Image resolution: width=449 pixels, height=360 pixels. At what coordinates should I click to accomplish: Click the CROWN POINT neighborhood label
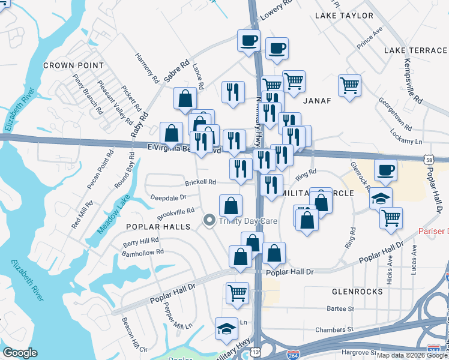(73, 65)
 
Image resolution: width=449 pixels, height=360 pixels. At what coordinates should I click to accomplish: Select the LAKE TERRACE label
(415, 50)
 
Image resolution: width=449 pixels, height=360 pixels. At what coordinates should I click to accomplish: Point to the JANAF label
(317, 100)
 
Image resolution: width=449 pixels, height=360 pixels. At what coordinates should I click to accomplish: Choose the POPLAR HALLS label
(158, 226)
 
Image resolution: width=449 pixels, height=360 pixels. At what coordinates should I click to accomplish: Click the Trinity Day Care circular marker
(209, 220)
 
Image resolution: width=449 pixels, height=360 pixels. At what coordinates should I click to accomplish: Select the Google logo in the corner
(20, 353)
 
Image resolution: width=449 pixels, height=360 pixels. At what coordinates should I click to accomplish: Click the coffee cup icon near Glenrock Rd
(385, 170)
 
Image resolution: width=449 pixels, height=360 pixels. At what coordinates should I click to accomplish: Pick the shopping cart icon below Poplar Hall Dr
(238, 293)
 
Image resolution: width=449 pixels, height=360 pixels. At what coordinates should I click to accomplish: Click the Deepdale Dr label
(168, 196)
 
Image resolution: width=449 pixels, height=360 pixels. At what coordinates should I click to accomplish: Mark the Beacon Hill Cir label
(135, 340)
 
